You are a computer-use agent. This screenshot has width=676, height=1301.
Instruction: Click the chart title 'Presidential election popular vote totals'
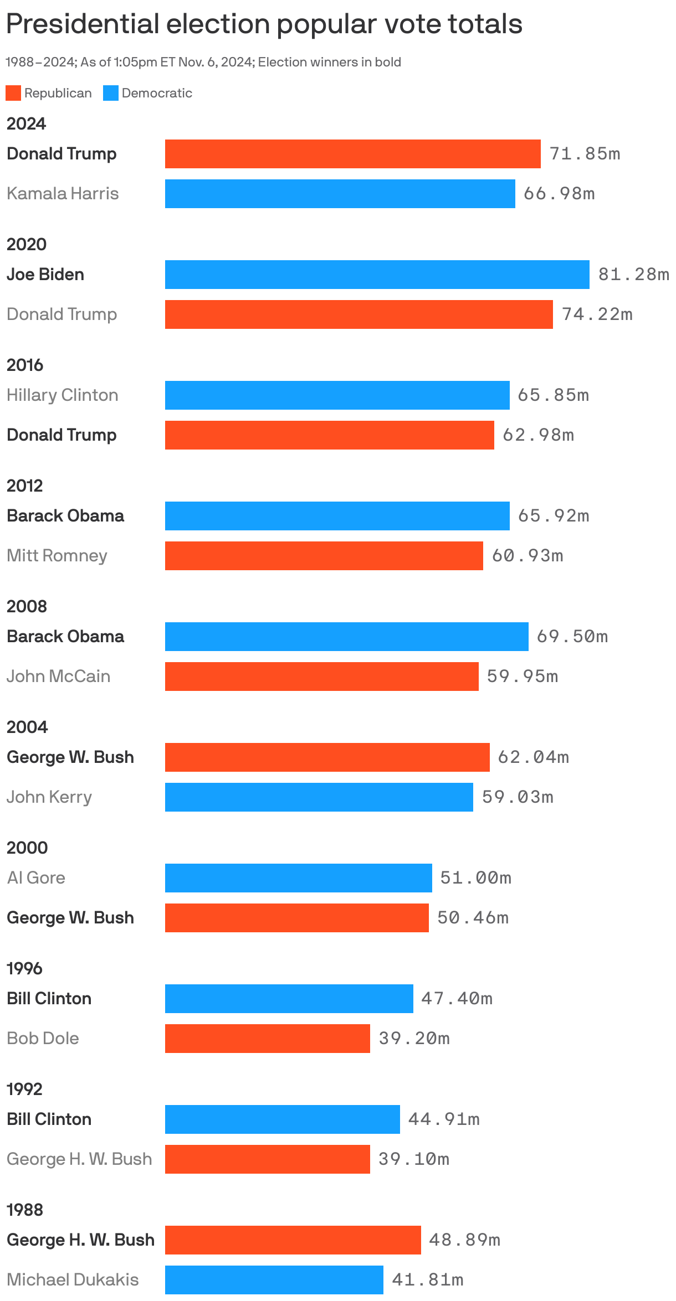coord(264,24)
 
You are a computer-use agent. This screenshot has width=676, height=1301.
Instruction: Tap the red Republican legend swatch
coord(13,93)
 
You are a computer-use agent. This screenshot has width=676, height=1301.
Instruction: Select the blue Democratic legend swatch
coord(111,93)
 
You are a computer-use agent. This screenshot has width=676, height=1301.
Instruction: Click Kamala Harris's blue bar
coord(340,194)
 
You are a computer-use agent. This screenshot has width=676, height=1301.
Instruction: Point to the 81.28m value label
coord(633,274)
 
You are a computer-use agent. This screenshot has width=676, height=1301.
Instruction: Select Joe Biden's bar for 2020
coord(377,275)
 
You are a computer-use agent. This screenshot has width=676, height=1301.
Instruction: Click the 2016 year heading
coord(25,365)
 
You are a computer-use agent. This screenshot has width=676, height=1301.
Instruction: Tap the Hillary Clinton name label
coord(63,395)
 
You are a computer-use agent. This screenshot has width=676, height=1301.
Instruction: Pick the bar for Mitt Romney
coord(324,556)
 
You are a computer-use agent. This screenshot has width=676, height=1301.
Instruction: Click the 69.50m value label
coord(572,637)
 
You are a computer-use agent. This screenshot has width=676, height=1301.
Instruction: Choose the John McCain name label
coord(58,677)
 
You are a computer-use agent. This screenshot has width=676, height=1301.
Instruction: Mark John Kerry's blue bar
coord(319,797)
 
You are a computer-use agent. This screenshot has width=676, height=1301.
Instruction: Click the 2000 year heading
coord(27,848)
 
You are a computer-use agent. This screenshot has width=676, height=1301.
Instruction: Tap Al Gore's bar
coord(298,878)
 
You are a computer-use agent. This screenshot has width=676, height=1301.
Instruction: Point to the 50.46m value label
coord(473,918)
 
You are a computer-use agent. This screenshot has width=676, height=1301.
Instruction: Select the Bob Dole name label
coord(43,1039)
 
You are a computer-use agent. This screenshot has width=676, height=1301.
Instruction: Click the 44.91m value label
coord(443,1119)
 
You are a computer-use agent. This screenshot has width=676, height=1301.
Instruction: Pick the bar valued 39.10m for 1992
coord(267,1159)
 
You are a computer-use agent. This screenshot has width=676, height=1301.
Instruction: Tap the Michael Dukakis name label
coord(73,1280)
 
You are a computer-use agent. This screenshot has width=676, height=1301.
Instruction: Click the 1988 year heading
coord(25,1210)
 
